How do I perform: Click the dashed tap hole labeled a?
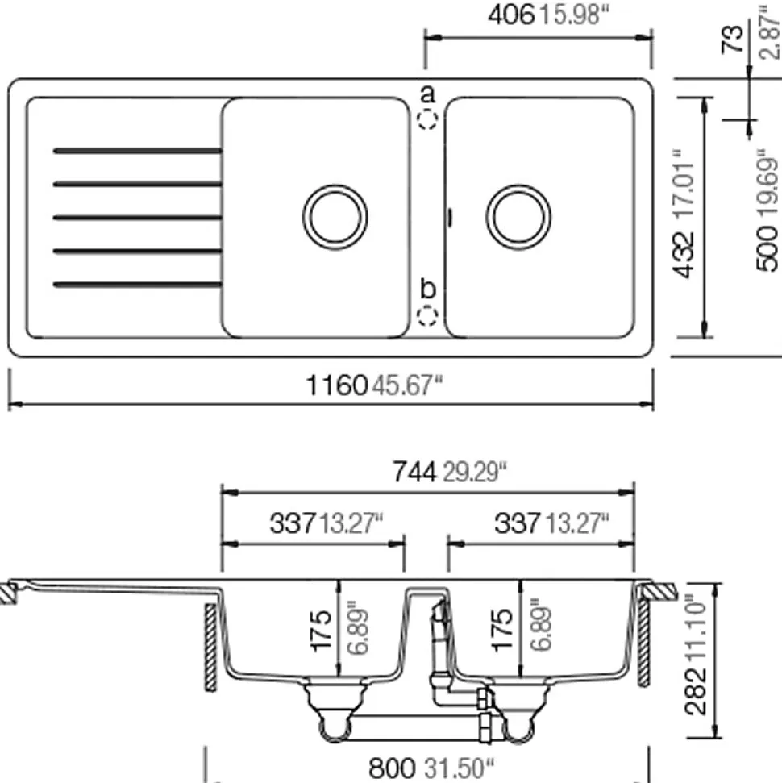pyautogui.click(x=427, y=119)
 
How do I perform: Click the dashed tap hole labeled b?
pyautogui.click(x=427, y=315)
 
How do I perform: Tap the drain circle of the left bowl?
pyautogui.click(x=335, y=217)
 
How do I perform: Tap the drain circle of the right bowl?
pyautogui.click(x=518, y=217)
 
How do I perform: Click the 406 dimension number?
pyautogui.click(x=511, y=15)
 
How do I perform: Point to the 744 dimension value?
pyautogui.click(x=414, y=472)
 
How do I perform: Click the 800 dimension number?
pyautogui.click(x=392, y=768)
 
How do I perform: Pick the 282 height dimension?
pyautogui.click(x=697, y=693)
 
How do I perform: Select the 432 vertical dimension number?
pyautogui.click(x=684, y=255)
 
